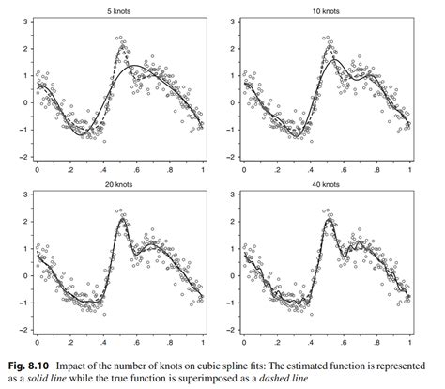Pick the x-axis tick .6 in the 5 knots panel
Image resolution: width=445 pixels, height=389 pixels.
pos(136,170)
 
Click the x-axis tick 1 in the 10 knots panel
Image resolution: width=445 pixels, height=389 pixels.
pos(410,170)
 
